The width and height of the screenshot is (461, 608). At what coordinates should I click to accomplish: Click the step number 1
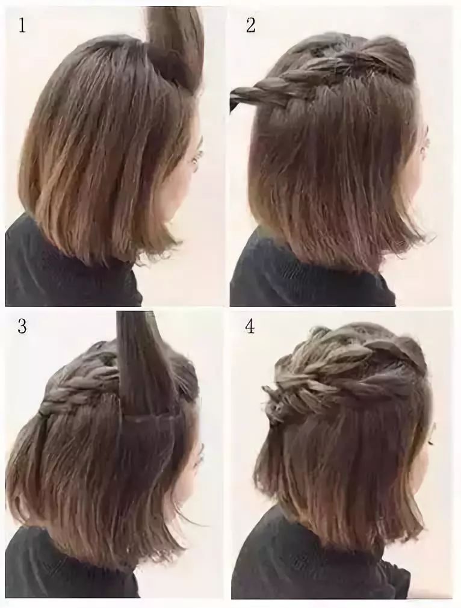22,26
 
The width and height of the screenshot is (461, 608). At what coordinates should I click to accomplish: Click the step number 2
250,26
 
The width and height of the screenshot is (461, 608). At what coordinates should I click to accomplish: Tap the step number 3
22,326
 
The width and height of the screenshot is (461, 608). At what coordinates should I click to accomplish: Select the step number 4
250,326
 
